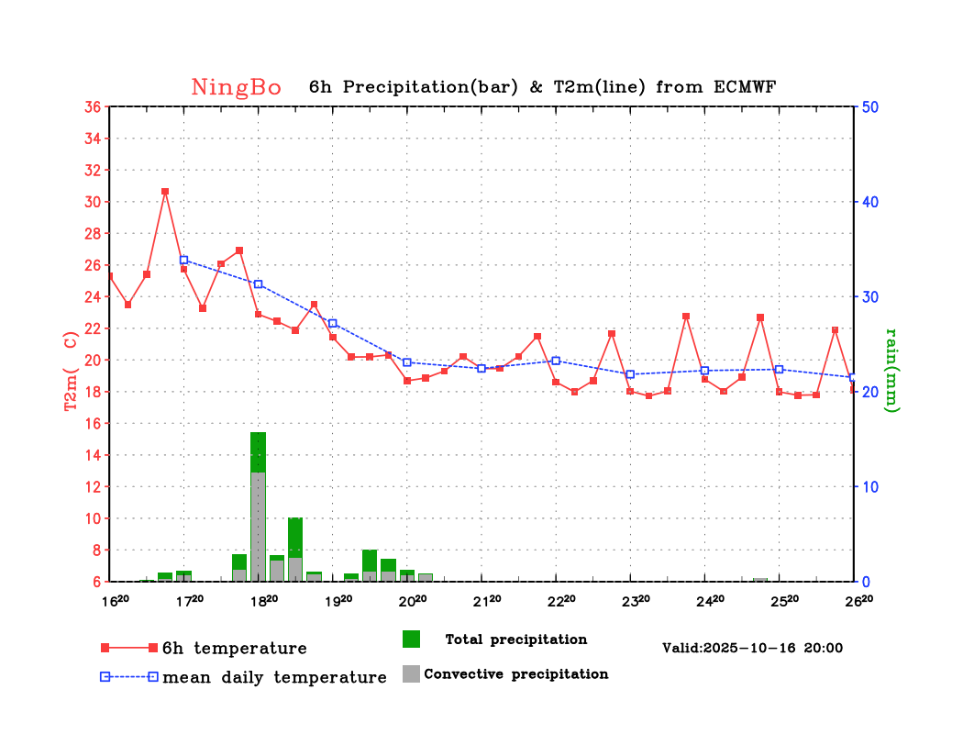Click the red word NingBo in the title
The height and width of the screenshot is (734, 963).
click(237, 87)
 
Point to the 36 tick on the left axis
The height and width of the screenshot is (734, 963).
click(92, 106)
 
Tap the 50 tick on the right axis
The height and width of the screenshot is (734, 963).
click(870, 106)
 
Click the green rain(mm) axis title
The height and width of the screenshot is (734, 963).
click(893, 370)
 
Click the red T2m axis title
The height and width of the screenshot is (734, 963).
click(71, 370)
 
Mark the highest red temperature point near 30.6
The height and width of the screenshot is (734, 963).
click(165, 192)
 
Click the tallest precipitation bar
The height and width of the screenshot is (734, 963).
click(258, 505)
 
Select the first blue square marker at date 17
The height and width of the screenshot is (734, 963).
click(183, 261)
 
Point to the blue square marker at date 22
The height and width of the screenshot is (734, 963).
click(556, 361)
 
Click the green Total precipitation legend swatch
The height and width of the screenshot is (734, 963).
click(411, 639)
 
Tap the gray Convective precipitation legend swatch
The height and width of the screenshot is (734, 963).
click(411, 673)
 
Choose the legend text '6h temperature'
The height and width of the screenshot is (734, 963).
click(234, 649)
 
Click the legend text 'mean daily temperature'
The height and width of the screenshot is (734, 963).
click(274, 678)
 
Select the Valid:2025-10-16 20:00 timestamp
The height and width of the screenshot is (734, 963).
click(752, 648)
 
